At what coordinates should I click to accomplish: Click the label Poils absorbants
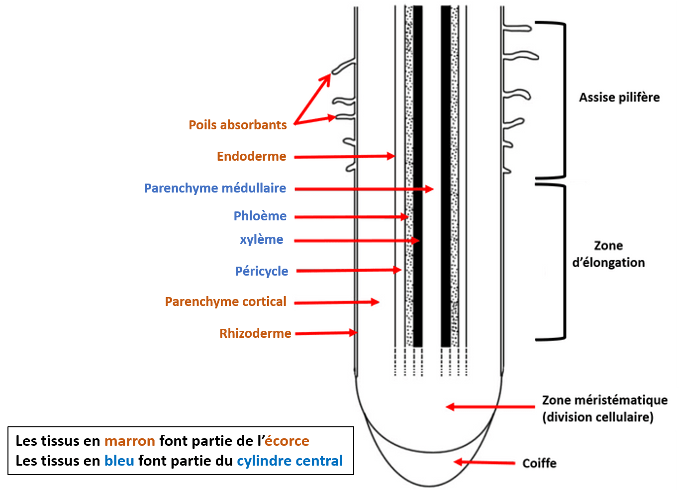(x=237, y=125)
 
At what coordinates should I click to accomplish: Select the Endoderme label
(x=251, y=156)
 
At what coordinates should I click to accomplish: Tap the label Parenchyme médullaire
(x=215, y=188)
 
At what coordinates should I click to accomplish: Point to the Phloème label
(x=260, y=216)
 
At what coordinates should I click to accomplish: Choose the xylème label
(x=262, y=239)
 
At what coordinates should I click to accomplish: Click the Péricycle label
(x=262, y=271)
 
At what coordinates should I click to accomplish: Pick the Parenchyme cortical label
(x=225, y=301)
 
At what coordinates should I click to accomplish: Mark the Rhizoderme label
(x=255, y=333)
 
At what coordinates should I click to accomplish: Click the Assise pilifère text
(x=619, y=98)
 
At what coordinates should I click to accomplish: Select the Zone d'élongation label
(x=608, y=254)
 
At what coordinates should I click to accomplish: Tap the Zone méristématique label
(x=604, y=400)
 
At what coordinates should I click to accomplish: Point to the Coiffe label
(x=539, y=463)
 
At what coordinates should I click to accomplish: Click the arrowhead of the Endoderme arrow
(x=391, y=156)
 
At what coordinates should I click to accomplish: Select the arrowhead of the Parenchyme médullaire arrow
(x=429, y=189)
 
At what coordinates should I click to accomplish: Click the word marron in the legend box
(x=129, y=441)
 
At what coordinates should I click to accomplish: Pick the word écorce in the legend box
(x=287, y=441)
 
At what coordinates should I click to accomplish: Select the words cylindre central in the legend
(x=290, y=461)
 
